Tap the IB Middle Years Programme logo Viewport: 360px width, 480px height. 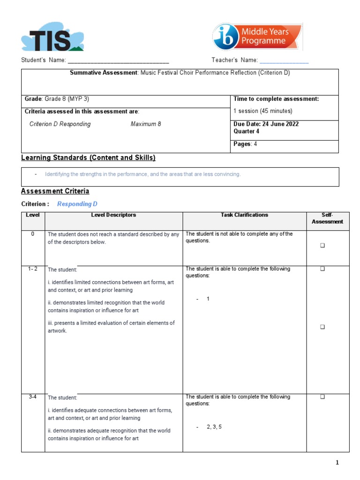coord(257,37)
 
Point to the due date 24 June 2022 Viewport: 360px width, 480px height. coord(275,124)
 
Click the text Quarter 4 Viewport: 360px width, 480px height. coord(246,131)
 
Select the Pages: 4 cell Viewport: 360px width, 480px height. coord(245,144)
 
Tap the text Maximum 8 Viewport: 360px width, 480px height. coord(146,124)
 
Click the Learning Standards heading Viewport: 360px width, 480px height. coord(88,158)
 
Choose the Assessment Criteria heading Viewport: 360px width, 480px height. coord(55,191)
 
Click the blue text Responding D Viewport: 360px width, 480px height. coord(77,204)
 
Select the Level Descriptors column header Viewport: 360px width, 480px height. coord(113,215)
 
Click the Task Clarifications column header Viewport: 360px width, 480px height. coord(244,215)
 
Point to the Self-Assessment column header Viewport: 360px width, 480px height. coord(327,218)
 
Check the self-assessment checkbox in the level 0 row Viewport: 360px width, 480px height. coord(322,245)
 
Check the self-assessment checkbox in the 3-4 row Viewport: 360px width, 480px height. coord(322,397)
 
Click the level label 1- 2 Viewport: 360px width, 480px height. coord(33,269)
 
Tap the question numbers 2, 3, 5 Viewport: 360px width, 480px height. coord(214,427)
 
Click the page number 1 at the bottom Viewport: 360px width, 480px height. coord(337,463)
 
